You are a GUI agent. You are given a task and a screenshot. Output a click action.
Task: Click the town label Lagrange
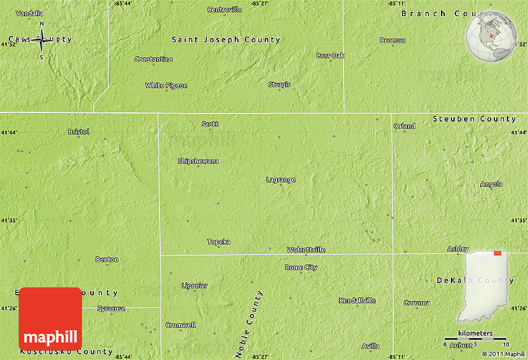pos(281,180)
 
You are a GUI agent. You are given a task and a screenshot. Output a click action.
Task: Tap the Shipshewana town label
pos(198,161)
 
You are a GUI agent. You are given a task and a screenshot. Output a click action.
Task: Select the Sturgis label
pos(279,85)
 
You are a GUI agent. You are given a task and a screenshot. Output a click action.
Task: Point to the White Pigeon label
pos(166,86)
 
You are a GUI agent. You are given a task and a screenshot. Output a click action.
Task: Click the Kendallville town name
pos(357,301)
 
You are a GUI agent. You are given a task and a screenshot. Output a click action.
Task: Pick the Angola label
pos(491,184)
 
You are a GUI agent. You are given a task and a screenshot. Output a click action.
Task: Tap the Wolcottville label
pos(306,250)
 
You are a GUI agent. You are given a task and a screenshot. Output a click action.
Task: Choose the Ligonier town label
pos(194,286)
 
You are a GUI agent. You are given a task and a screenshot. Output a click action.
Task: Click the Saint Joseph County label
pos(226,40)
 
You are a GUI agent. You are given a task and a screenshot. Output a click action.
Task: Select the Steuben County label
pos(475,119)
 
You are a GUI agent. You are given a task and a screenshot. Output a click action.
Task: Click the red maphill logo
pos(50,318)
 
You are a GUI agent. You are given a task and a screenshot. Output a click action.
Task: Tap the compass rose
pos(42,41)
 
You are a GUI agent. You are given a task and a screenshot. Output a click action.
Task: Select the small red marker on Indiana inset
pos(498,253)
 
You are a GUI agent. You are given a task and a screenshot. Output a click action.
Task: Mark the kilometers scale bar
pos(475,339)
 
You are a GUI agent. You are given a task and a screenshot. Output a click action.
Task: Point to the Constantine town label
pos(153,60)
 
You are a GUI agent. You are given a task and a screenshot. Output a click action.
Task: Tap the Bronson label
pos(393,41)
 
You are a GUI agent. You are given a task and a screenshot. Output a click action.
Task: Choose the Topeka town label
pos(219,241)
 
